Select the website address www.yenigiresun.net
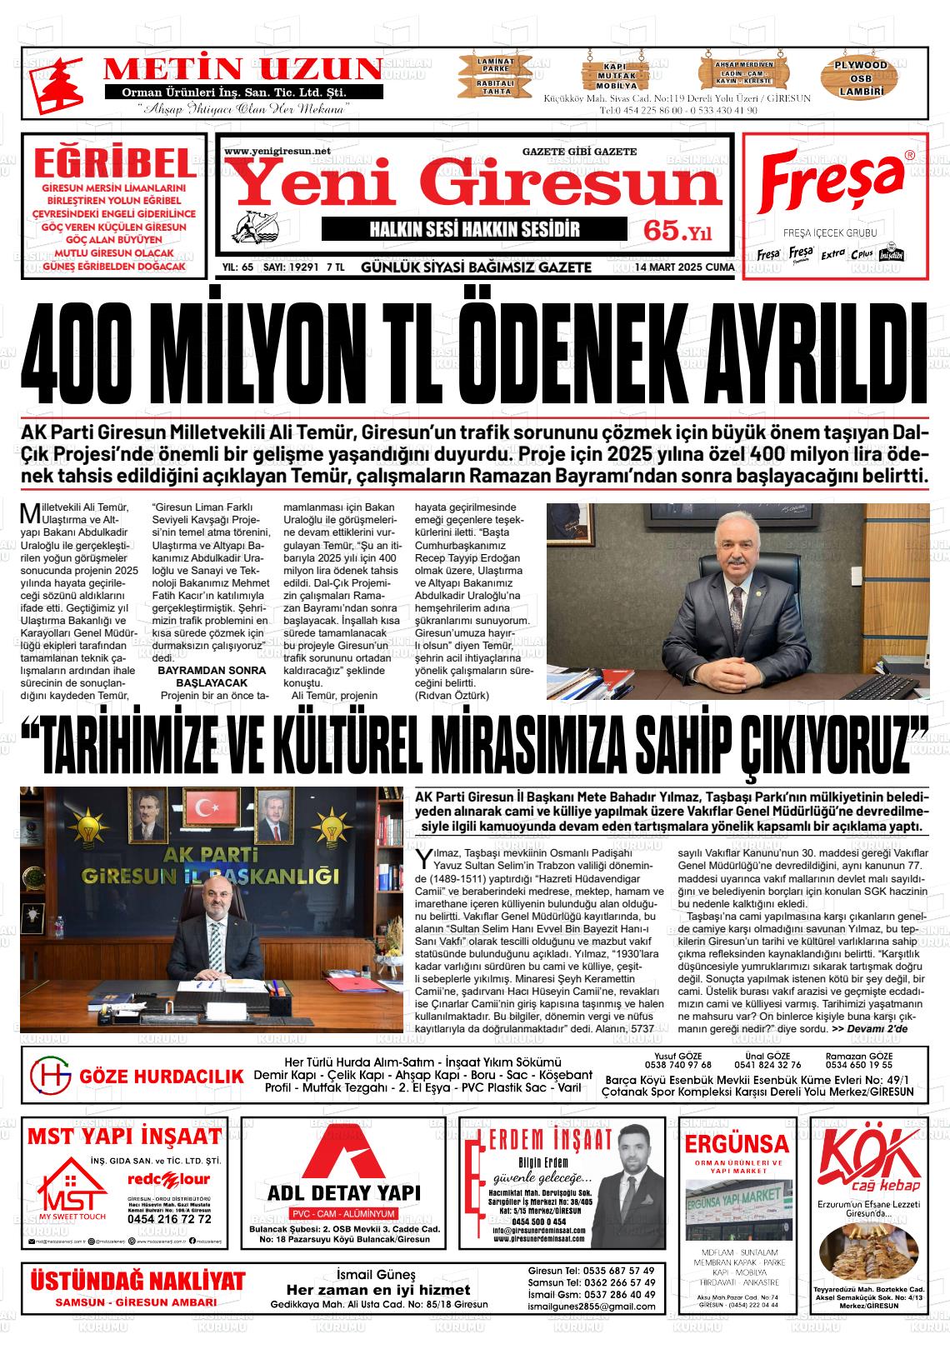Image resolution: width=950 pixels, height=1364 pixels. (x=277, y=151)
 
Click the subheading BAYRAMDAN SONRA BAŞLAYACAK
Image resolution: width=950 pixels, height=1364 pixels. (x=212, y=676)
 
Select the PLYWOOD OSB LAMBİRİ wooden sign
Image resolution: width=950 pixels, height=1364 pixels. (x=861, y=77)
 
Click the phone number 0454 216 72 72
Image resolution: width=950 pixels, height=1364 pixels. (x=169, y=1218)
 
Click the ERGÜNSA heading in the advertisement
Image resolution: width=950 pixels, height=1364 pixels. (x=736, y=1142)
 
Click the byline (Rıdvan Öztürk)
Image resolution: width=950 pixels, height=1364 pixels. (x=452, y=695)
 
